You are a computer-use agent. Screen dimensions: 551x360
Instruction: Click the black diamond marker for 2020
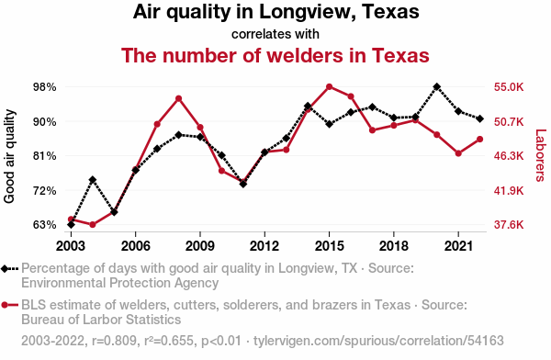coord(437,87)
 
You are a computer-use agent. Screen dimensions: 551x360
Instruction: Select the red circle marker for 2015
coord(330,87)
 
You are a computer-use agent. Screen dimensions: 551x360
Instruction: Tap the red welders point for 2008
coord(178,98)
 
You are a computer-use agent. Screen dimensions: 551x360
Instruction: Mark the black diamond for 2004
coord(93,180)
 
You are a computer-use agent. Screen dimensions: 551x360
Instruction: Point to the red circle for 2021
coord(458,153)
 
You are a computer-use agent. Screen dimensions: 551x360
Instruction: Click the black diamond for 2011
coord(243,184)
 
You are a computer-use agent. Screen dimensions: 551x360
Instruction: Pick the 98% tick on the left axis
coord(45,87)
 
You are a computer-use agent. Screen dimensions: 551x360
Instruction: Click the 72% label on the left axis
coord(45,191)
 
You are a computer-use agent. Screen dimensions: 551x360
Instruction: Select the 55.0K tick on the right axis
coord(509,87)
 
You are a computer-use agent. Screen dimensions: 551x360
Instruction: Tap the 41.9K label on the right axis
coord(509,191)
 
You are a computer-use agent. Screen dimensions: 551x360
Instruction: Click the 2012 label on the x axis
coord(264,246)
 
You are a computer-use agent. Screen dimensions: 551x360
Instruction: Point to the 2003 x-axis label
coord(71,246)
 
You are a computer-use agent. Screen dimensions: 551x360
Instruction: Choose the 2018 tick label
coord(394,246)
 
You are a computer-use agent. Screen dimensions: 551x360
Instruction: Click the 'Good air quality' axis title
coord(9,156)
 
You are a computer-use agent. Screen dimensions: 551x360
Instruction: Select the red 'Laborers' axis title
coord(540,155)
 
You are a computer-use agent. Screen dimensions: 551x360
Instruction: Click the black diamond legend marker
coord(5,269)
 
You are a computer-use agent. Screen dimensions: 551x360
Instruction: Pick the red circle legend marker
coord(5,305)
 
